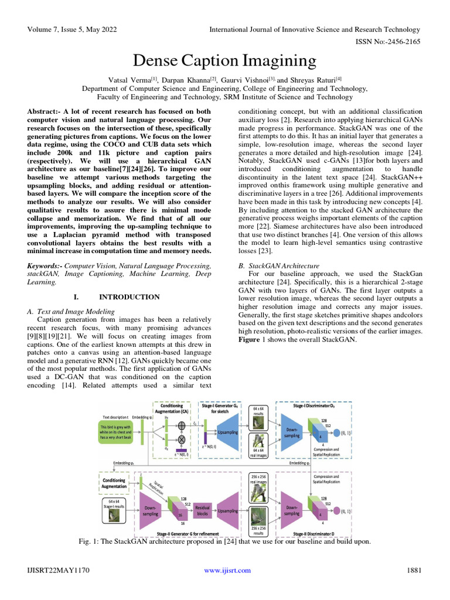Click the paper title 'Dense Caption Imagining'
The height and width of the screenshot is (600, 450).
coord(225,61)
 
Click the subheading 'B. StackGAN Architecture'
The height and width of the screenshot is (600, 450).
coord(278,265)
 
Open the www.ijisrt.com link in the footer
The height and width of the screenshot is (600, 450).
coord(227,570)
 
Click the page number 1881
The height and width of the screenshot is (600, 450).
coord(414,570)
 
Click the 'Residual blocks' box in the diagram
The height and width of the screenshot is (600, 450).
coord(202,510)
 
